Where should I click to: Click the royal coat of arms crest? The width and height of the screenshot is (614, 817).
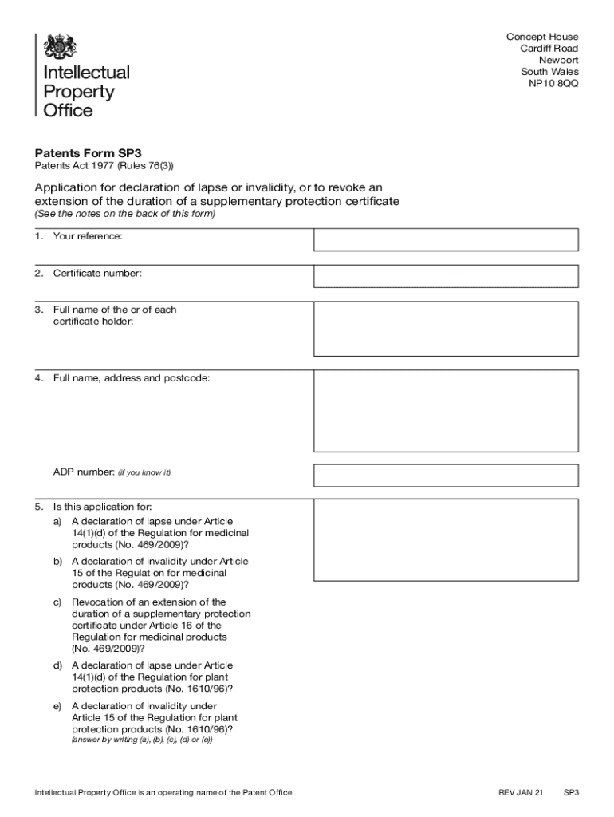[x=59, y=46]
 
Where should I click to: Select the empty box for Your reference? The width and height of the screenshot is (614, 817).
[x=446, y=239]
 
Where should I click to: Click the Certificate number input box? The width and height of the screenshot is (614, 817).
[x=446, y=276]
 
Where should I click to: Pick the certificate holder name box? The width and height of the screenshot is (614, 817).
[x=446, y=329]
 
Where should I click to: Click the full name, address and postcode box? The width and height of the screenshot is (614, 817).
[x=446, y=410]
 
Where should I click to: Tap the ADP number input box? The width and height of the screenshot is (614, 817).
[x=446, y=476]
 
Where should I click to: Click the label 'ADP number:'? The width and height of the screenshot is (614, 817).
[x=84, y=472]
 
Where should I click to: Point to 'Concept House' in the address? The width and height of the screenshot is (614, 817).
[x=542, y=37]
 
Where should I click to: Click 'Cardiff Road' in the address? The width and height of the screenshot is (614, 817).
[x=549, y=49]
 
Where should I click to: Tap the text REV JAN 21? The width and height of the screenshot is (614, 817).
[x=520, y=792]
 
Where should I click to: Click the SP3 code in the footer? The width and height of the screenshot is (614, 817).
[x=571, y=792]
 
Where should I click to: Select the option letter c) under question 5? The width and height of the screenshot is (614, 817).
[x=57, y=602]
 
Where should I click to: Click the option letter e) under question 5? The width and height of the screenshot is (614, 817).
[x=57, y=706]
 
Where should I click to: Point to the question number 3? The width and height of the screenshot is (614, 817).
[x=38, y=310]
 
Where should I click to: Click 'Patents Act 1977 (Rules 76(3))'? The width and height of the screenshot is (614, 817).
[x=103, y=167]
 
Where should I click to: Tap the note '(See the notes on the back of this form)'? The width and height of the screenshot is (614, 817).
[x=124, y=215]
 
